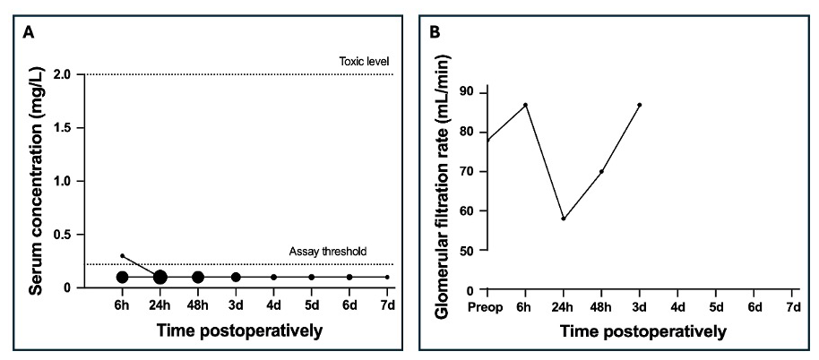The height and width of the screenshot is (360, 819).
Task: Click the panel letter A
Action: pos(29,34)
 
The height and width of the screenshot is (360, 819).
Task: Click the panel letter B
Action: pos(435,34)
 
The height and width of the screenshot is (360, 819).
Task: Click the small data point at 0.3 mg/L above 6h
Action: pos(122,255)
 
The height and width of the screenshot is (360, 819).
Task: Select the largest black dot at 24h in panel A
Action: pos(159,277)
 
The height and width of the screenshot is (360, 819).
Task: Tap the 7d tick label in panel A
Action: pos(387,305)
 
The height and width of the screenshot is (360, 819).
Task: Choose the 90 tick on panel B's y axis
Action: pos(467,92)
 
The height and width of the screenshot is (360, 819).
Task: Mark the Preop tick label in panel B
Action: pos(487,307)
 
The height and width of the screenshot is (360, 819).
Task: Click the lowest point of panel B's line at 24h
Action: pos(564,219)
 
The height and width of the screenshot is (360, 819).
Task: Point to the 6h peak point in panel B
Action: pos(525,105)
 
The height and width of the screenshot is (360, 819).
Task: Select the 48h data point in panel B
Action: pos(601,171)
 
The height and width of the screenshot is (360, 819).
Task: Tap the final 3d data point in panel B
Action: pos(639,105)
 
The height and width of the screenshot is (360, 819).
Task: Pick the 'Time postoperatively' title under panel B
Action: pos(643,331)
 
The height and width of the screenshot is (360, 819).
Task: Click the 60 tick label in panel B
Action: pos(467,210)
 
